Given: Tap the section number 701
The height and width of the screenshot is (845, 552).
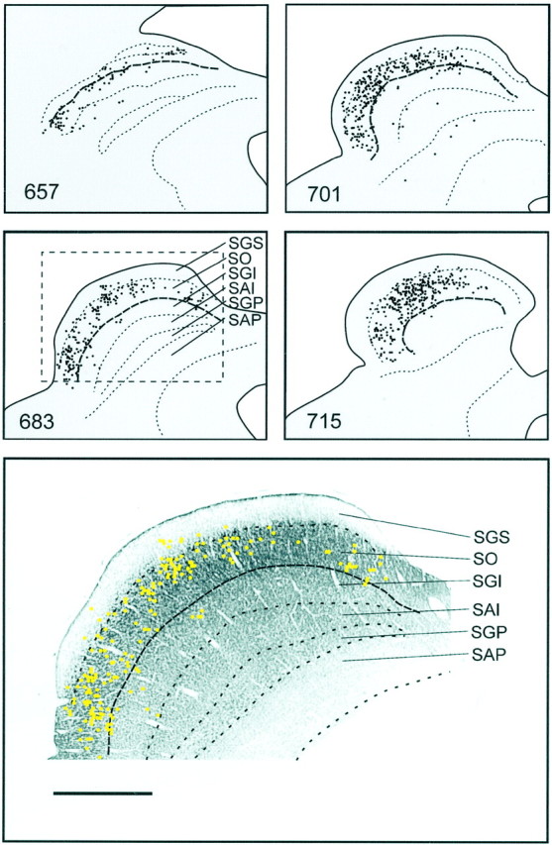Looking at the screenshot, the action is coord(324,192).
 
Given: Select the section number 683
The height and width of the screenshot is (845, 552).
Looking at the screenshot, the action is coord(36,420).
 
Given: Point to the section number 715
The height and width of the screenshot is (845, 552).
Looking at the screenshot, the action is coord(324,420).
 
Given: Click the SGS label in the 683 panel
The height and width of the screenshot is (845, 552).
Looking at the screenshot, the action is coord(245,243).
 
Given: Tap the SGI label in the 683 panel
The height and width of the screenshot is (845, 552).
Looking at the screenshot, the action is coord(242,273).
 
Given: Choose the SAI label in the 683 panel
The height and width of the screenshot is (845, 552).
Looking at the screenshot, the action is coord(242,288).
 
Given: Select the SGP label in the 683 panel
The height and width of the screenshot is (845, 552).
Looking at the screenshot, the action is coord(245,303).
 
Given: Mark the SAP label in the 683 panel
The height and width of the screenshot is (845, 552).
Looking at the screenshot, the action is coord(245,319).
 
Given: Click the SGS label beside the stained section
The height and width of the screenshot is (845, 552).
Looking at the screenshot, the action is coord(493,536).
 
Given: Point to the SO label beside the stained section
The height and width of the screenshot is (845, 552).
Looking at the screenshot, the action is coord(487,559).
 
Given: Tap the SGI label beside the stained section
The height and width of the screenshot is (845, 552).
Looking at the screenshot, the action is coord(489,582).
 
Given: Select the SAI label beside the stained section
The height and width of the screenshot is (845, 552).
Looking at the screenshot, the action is coord(489,610).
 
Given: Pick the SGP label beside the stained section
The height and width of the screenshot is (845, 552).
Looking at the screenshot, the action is coord(493,632).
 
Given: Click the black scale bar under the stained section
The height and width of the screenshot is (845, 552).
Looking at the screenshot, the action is coord(103,792).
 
